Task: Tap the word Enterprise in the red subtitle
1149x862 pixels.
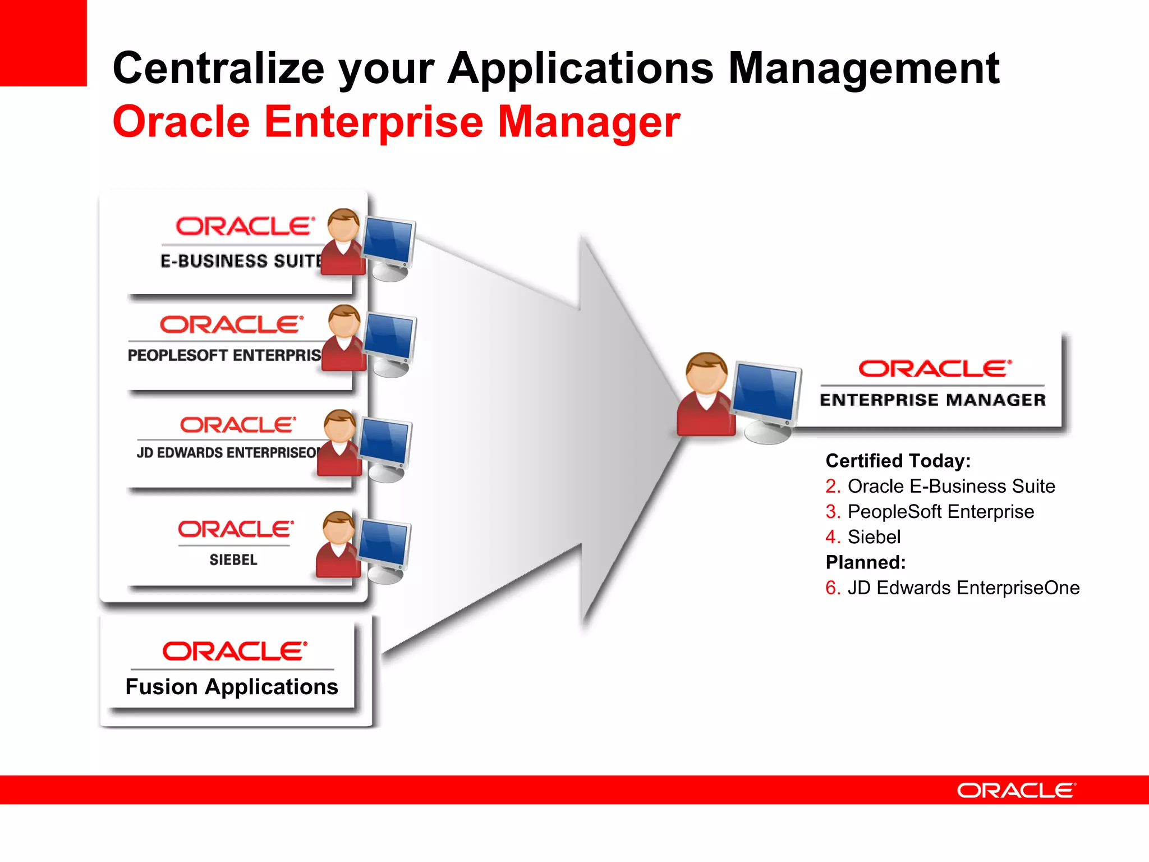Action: click(373, 122)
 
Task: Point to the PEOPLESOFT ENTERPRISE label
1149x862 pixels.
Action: click(224, 355)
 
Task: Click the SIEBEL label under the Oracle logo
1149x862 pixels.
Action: click(233, 560)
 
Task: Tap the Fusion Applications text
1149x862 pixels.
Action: click(231, 687)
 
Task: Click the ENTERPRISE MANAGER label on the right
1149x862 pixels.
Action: click(932, 400)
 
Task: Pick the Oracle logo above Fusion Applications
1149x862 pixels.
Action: click(235, 651)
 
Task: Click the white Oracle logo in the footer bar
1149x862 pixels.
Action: click(1016, 790)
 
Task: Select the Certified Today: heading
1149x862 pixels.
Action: click(898, 461)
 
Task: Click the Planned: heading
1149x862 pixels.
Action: click(865, 562)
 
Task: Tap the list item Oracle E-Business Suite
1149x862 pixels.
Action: click(951, 486)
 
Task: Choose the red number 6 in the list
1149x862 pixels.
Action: click(831, 588)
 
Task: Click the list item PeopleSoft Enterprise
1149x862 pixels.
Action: click(940, 512)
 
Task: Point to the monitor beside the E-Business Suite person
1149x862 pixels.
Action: click(388, 242)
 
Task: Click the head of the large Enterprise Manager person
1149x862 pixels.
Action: click(706, 373)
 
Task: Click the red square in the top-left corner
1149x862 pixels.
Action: click(43, 43)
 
